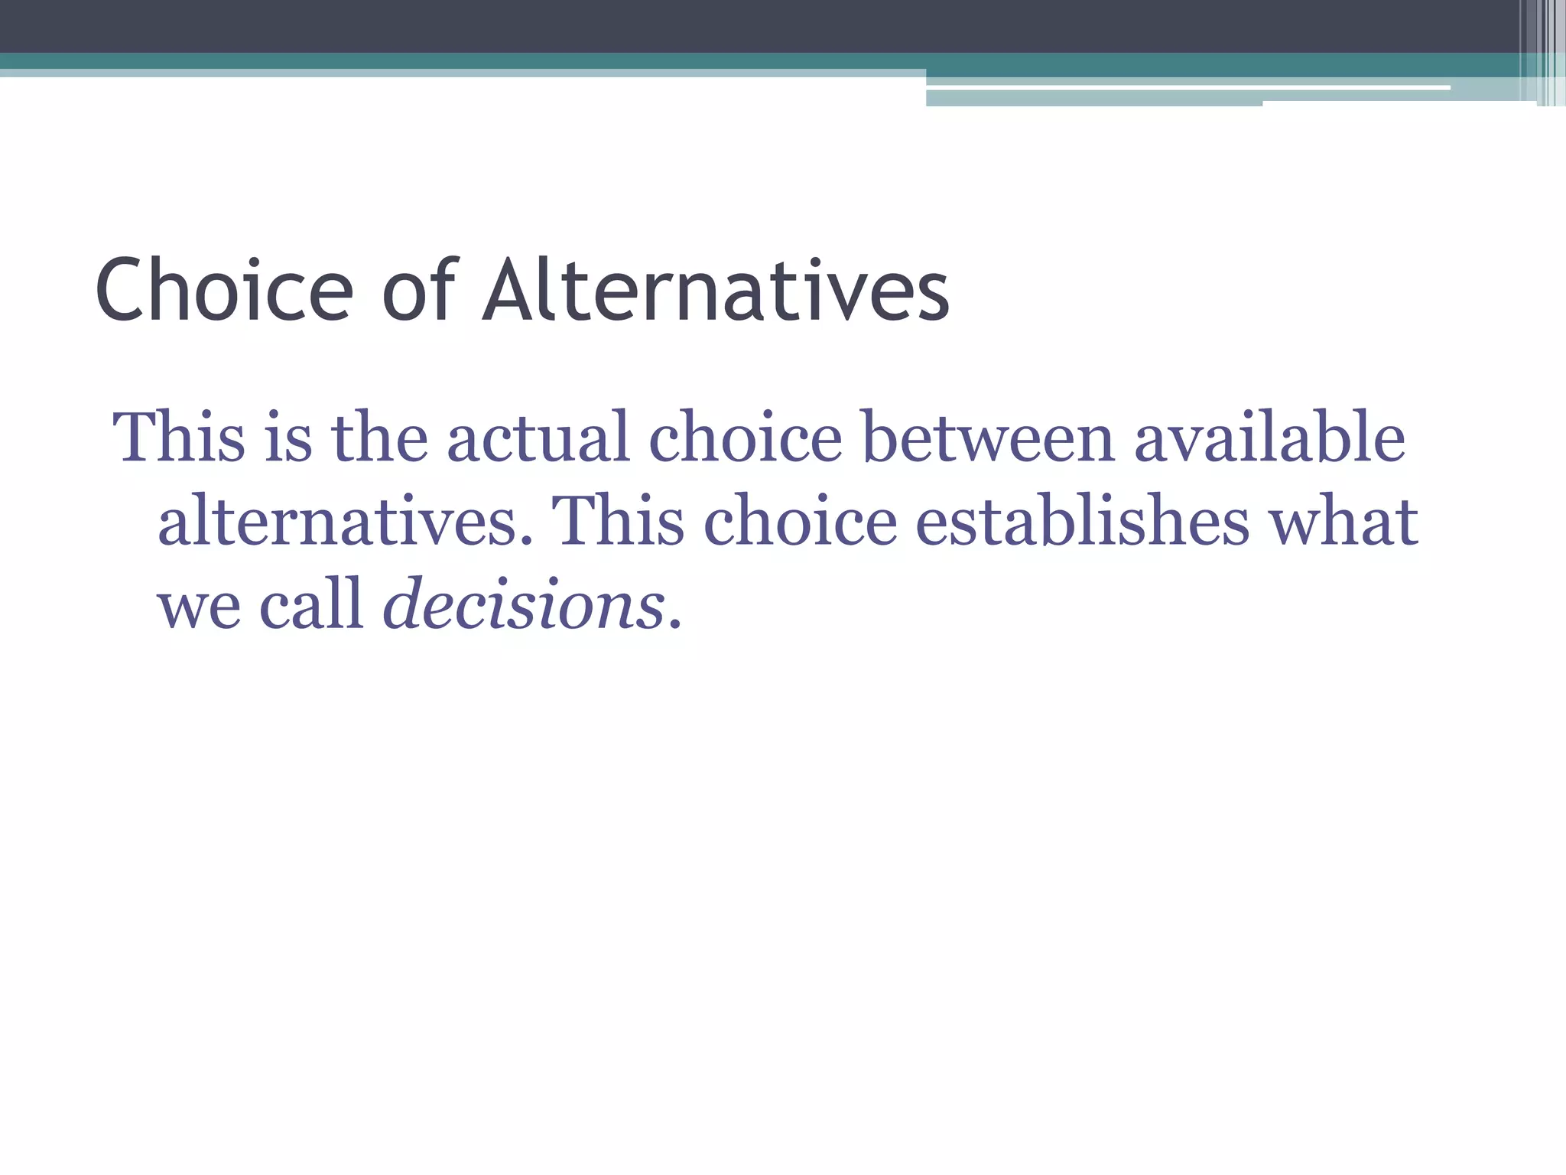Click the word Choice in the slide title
224,291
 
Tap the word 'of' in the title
418,291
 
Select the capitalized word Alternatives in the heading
716,291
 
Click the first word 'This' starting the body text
179,438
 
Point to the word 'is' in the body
288,438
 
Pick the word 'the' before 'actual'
379,438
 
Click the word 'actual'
538,438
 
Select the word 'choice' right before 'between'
746,438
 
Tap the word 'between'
988,438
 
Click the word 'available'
1269,438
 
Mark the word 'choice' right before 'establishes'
800,522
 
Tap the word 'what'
1343,522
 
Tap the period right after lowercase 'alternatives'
525,541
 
